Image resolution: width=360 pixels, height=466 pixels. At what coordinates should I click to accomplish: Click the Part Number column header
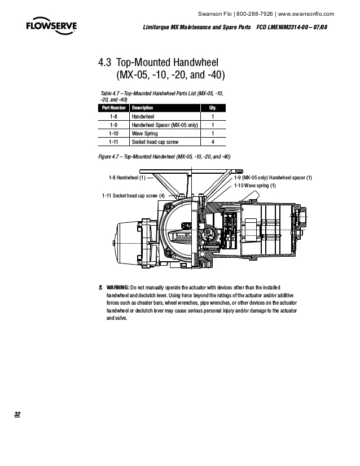click(113, 108)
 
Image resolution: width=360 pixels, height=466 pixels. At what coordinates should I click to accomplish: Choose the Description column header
click(142, 108)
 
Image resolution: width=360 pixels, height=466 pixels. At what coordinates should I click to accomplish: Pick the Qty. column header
click(213, 108)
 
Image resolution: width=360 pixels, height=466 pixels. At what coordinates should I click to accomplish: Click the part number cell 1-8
click(113, 116)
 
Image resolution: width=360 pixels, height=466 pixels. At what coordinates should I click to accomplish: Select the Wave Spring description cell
click(144, 134)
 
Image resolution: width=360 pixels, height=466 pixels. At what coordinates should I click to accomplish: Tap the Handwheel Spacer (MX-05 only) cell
click(163, 125)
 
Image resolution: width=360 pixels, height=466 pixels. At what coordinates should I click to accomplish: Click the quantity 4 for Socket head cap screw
click(213, 143)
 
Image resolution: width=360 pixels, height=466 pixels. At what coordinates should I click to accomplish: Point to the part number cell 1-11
click(113, 143)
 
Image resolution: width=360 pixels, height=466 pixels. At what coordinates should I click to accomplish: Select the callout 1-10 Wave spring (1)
click(255, 185)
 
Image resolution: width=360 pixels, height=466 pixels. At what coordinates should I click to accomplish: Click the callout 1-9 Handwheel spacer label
click(273, 178)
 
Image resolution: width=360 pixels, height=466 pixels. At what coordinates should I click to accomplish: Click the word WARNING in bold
click(118, 287)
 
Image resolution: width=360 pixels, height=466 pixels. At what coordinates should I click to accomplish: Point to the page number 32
click(17, 415)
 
